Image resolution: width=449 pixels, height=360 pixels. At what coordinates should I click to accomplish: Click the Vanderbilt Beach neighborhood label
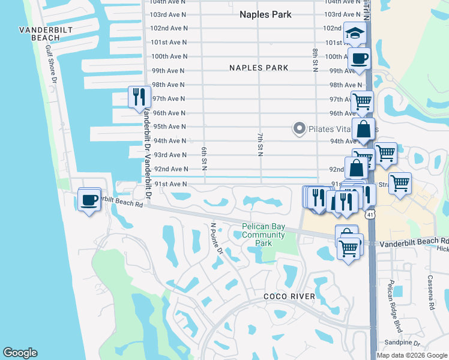(40, 34)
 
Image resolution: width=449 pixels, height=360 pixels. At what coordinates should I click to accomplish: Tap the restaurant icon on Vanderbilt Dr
(139, 97)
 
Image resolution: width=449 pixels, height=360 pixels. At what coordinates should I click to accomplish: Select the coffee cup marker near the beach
(89, 199)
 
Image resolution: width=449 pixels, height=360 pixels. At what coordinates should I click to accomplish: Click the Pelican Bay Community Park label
(264, 235)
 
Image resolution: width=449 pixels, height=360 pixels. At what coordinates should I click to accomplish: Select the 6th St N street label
(204, 154)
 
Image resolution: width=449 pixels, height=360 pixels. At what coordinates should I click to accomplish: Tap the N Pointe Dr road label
(216, 239)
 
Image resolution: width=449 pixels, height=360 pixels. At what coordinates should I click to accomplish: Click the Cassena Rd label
(431, 296)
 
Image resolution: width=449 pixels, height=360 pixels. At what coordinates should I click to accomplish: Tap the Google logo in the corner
(20, 353)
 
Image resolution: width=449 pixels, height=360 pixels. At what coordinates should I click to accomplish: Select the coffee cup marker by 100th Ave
(359, 59)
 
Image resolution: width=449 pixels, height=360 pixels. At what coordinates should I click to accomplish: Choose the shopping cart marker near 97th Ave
(362, 102)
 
